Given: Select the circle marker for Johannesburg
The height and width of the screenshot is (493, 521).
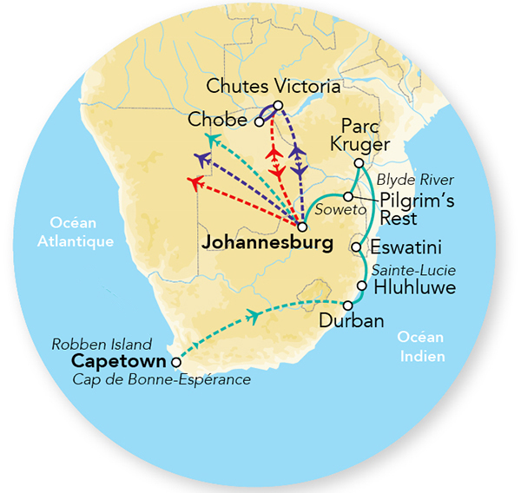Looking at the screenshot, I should (x=302, y=227).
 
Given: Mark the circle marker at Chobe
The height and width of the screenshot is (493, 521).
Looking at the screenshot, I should (x=259, y=122).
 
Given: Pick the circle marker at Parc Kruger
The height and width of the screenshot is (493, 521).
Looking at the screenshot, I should (x=358, y=163).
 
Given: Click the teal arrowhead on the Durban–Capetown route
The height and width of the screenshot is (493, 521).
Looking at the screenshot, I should (x=253, y=317).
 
